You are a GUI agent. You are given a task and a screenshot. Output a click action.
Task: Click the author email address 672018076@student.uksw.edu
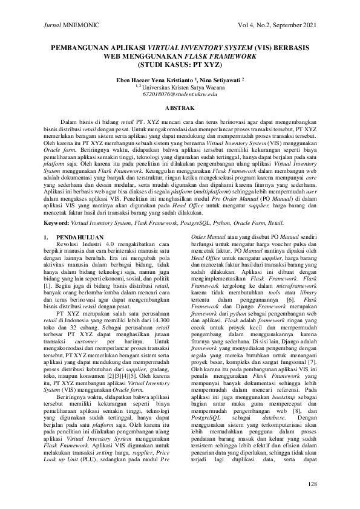pyautogui.click(x=179, y=95)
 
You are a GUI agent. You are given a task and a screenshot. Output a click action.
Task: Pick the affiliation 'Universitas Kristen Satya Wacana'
pyautogui.click(x=182, y=87)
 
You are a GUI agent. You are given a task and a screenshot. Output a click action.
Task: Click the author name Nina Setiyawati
pyautogui.click(x=216, y=79)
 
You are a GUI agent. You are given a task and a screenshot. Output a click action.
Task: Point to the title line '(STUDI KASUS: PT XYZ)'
pyautogui.click(x=179, y=63)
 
